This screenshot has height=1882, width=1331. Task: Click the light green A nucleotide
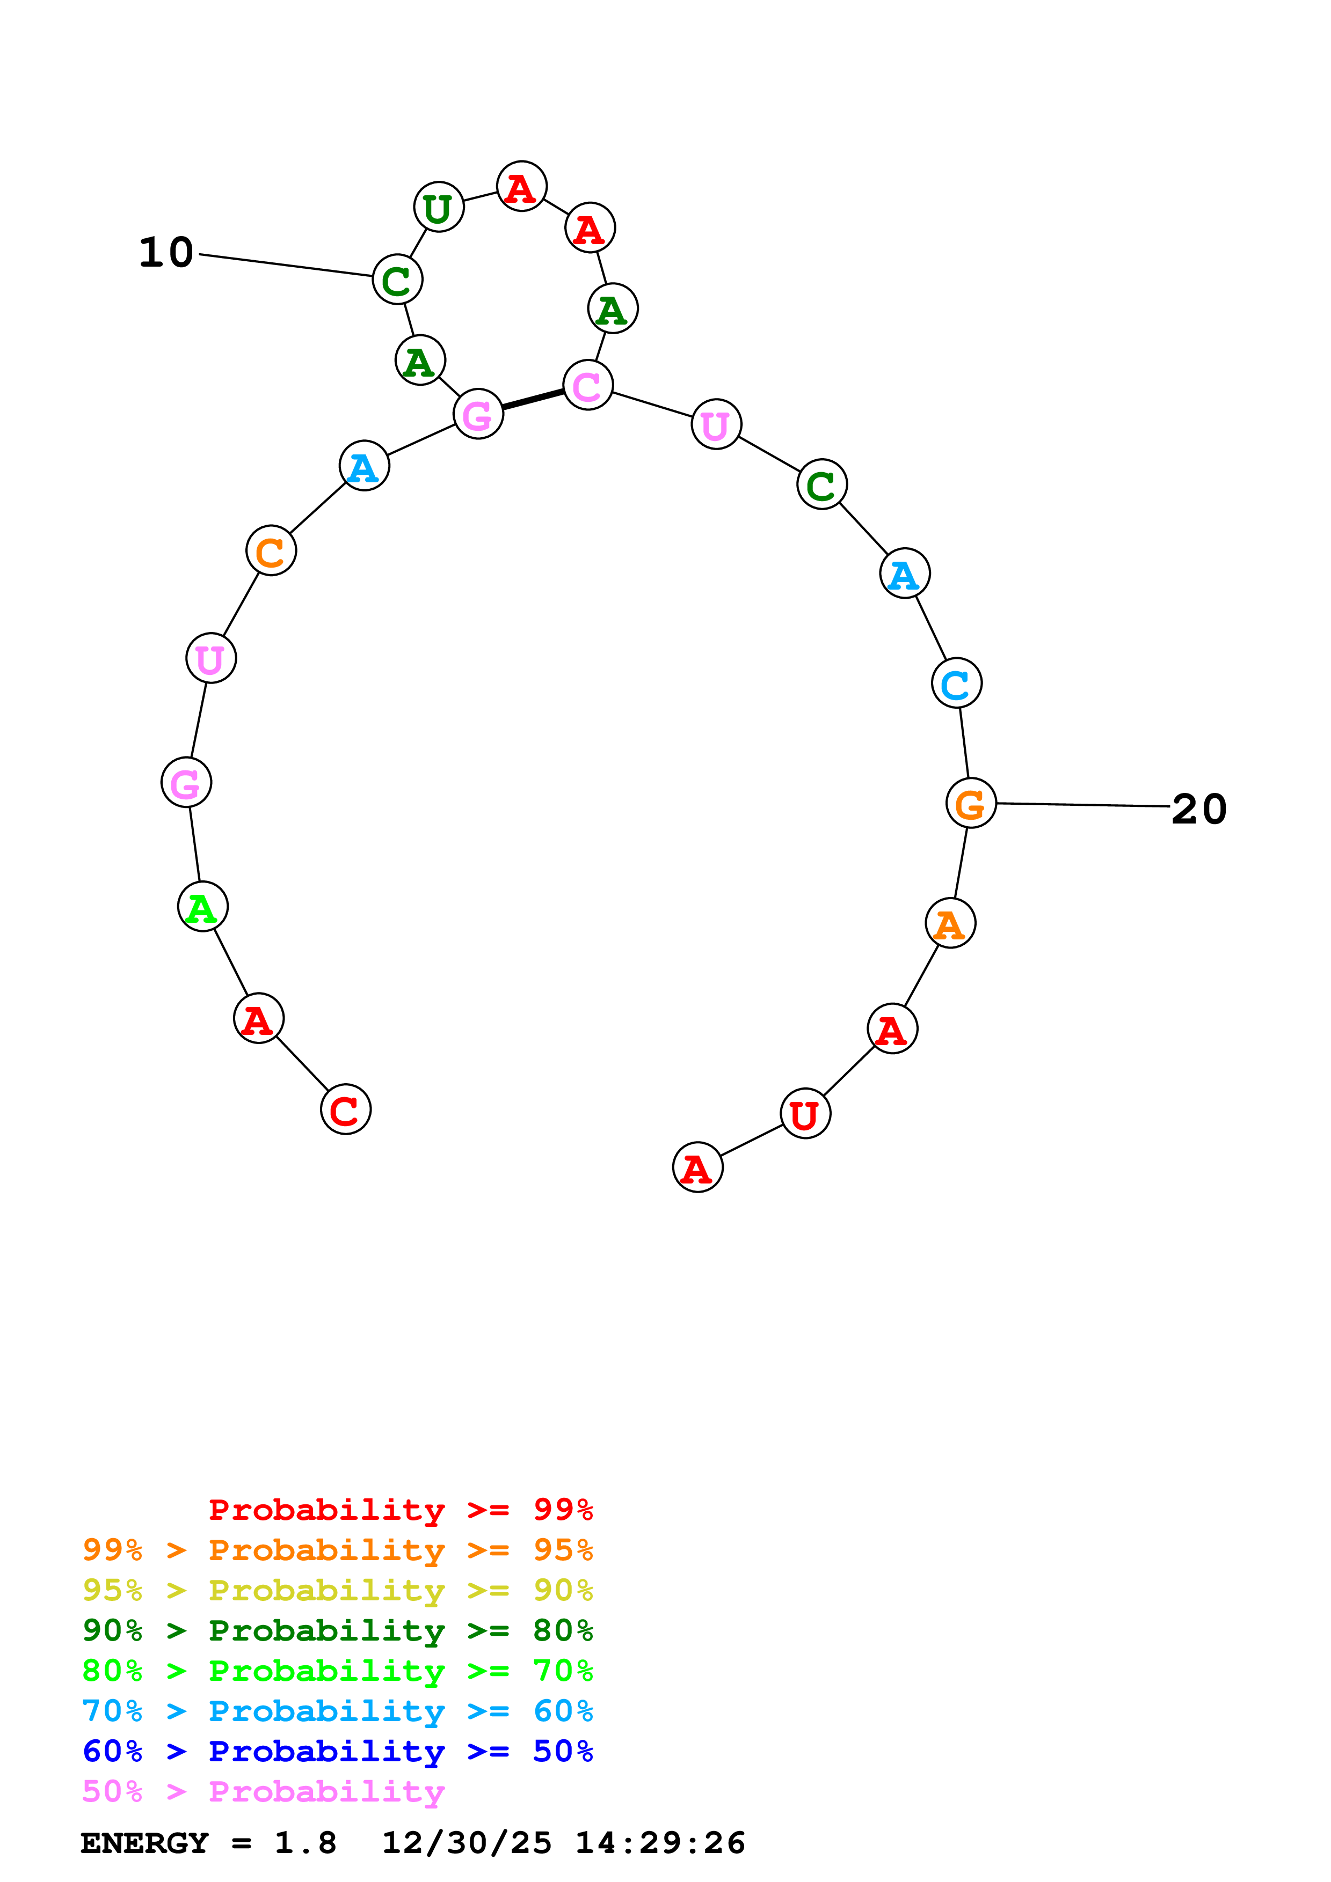pyautogui.click(x=202, y=907)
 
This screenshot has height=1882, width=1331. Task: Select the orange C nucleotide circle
pyautogui.click(x=271, y=551)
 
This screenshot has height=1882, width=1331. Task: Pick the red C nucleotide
pyautogui.click(x=345, y=1110)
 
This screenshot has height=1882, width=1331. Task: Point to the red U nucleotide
pyautogui.click(x=805, y=1114)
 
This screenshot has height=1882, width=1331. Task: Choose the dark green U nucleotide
pyautogui.click(x=439, y=208)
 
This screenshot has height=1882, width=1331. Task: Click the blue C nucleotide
pyautogui.click(x=956, y=683)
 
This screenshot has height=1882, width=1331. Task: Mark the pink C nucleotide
pyautogui.click(x=588, y=385)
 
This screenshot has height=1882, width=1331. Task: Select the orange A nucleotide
pyautogui.click(x=950, y=924)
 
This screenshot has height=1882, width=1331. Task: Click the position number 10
pyautogui.click(x=166, y=253)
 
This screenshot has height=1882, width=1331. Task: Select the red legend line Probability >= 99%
pyautogui.click(x=400, y=1510)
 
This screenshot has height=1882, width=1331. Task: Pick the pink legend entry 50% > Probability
pyautogui.click(x=263, y=1792)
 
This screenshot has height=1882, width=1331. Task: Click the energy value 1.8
pyautogui.click(x=305, y=1843)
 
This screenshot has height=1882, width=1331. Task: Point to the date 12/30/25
pyautogui.click(x=467, y=1843)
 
